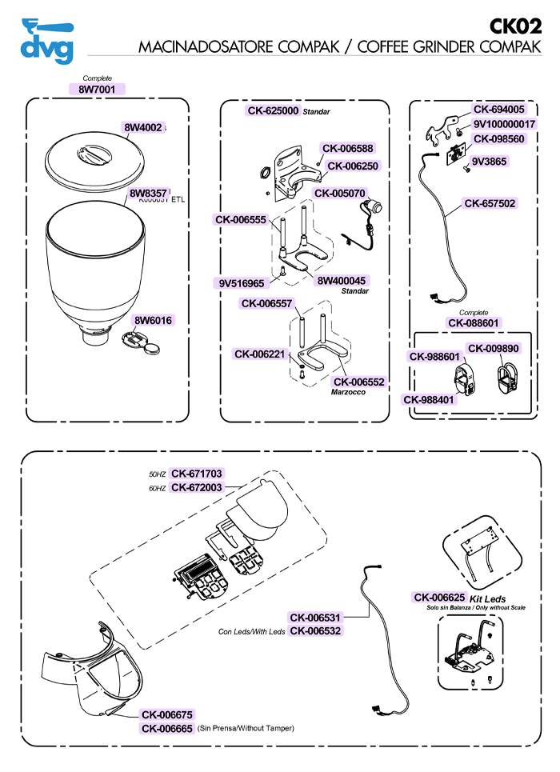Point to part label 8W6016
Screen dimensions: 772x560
pyautogui.click(x=153, y=321)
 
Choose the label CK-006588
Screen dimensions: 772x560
pyautogui.click(x=347, y=148)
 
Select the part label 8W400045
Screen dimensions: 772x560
pyautogui.click(x=342, y=281)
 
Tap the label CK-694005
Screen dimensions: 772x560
pyautogui.click(x=499, y=110)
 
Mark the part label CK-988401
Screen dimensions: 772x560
pyautogui.click(x=430, y=399)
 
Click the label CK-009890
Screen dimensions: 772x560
pyautogui.click(x=494, y=348)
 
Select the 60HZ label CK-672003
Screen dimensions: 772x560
pyautogui.click(x=197, y=486)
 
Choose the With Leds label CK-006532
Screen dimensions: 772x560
pyautogui.click(x=315, y=630)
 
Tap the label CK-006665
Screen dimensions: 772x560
pyautogui.click(x=166, y=728)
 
